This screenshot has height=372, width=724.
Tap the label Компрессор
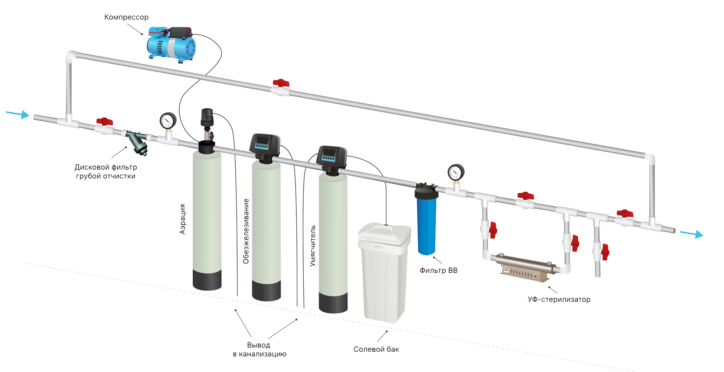[126, 17]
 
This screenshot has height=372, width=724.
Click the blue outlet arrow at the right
[692, 234]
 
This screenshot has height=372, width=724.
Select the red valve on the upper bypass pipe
[281, 83]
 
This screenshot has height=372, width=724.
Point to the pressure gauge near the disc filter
[168, 121]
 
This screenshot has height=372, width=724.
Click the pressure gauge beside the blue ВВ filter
[456, 172]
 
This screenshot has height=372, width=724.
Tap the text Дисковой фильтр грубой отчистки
[105, 172]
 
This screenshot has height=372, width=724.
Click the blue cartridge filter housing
[426, 224]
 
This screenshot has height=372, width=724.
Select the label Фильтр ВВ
[438, 271]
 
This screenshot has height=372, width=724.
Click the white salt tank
[384, 272]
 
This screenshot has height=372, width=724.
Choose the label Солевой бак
[376, 349]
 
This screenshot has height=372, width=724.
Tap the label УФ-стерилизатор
[559, 300]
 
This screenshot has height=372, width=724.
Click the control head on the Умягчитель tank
[332, 157]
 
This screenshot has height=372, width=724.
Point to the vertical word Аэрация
[183, 219]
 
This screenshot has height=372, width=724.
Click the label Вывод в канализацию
[259, 349]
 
